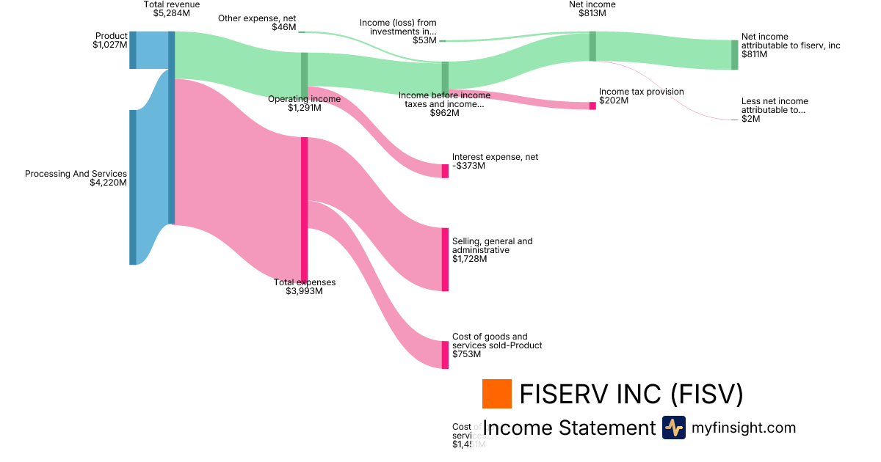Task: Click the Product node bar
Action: [x=133, y=50]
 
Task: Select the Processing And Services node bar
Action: [x=133, y=187]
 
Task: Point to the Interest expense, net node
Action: [x=445, y=171]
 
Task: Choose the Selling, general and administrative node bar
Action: [x=445, y=260]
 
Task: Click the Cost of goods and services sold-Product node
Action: [x=445, y=355]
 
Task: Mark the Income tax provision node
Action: [x=592, y=106]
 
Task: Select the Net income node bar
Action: [x=592, y=46]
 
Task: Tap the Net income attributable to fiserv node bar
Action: [x=734, y=55]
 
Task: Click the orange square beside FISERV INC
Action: [x=496, y=394]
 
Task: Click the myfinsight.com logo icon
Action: [x=673, y=428]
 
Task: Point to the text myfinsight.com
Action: [x=744, y=428]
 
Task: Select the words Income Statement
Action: [x=568, y=428]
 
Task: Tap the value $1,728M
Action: [x=469, y=259]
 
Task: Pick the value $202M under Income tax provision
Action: [x=614, y=100]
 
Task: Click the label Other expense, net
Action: [x=257, y=18]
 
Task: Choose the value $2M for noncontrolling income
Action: [x=750, y=119]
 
